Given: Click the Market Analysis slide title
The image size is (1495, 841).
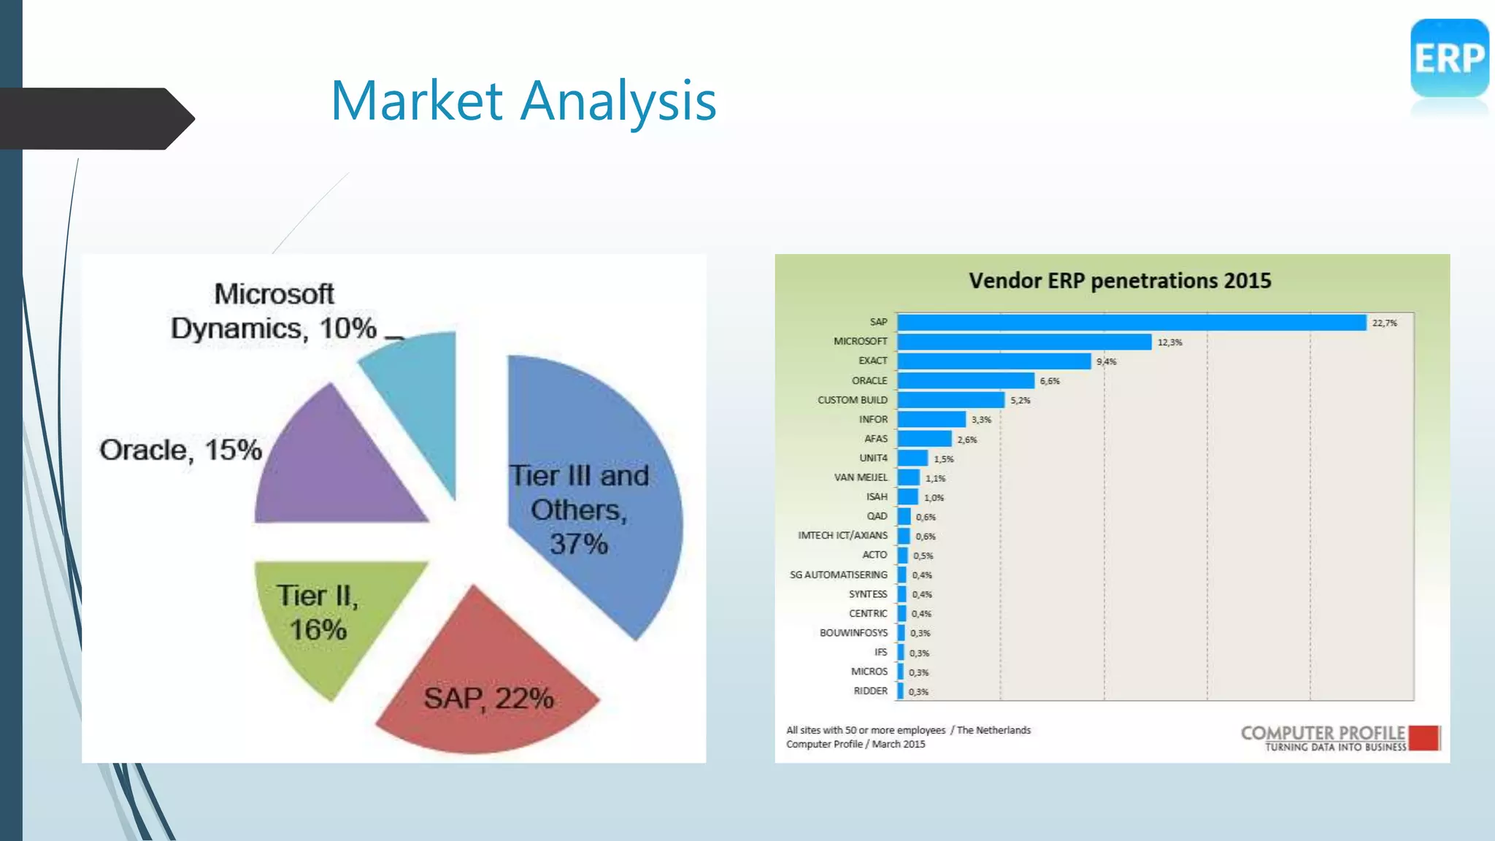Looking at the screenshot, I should [x=523, y=101].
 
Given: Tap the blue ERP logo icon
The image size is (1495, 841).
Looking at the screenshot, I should [x=1449, y=58].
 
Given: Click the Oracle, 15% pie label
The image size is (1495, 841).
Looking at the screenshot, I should [x=181, y=450].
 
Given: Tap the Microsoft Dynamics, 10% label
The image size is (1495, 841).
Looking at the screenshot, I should [x=274, y=312].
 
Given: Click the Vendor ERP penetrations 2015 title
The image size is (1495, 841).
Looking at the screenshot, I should [x=1120, y=281].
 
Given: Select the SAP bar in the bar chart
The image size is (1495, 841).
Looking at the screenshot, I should [x=1131, y=323].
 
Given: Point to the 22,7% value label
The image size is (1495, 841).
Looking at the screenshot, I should [x=1385, y=323].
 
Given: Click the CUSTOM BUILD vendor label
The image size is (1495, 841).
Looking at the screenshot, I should [x=852, y=400].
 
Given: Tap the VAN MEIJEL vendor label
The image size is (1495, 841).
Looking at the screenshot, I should [x=861, y=477].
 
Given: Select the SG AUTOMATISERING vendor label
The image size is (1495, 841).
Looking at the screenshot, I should [x=838, y=575].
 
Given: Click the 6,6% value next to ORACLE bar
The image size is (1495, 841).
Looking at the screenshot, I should [x=1050, y=381].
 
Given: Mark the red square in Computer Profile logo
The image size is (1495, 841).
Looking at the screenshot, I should [x=1424, y=738].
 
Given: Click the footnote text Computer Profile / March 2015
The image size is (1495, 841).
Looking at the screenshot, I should [x=856, y=744].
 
